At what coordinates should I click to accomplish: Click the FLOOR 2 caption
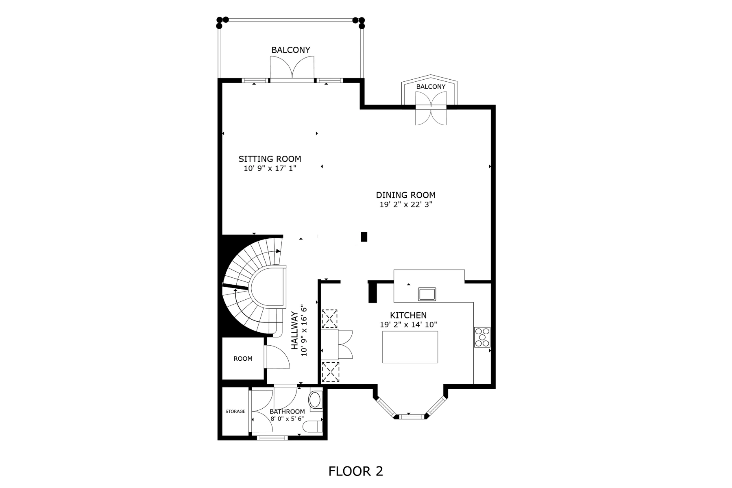tap(355, 471)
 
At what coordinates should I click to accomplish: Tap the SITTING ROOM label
tap(270, 159)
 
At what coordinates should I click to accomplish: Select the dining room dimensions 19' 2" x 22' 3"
tap(406, 205)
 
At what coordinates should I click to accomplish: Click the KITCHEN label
tap(408, 315)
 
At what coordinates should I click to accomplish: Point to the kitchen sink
tap(427, 294)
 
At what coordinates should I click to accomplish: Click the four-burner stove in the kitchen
tap(482, 337)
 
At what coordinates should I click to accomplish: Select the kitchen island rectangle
tap(410, 347)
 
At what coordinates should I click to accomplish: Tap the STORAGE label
tap(235, 412)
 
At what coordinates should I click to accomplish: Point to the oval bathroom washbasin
tap(316, 400)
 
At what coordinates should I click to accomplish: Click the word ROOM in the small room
tap(243, 359)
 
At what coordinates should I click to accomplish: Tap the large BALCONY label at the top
tap(291, 50)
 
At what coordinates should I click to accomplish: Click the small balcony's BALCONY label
tap(431, 87)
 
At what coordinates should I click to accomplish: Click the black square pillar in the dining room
tap(364, 237)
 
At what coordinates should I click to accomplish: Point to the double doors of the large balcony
tap(292, 68)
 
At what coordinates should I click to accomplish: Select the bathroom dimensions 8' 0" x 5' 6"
tap(287, 418)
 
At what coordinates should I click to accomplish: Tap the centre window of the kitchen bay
tap(410, 416)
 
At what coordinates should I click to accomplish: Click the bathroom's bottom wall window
tap(272, 438)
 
